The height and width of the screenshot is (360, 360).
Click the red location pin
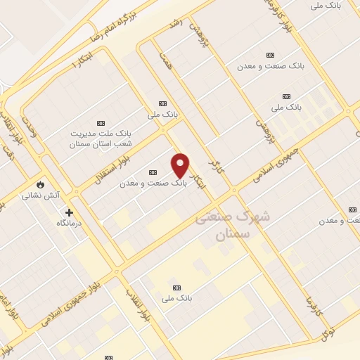point(180,165)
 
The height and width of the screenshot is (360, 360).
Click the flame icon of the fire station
point(40,185)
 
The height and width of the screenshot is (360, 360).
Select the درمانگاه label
point(70,222)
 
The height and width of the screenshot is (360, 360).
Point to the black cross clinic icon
point(69,212)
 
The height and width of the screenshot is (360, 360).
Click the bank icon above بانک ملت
point(101,122)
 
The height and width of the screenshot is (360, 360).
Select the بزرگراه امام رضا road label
point(113,23)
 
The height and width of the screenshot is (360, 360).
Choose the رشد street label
point(176,22)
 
